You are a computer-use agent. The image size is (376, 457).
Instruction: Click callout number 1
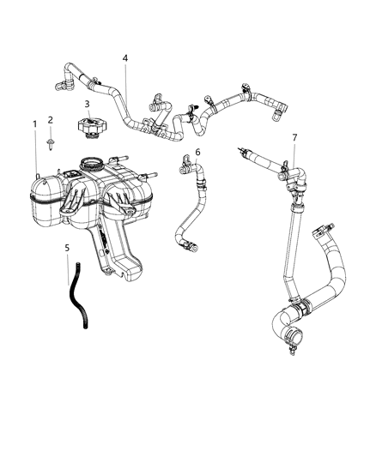[x=35, y=124]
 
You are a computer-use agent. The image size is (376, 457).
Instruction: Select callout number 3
[x=87, y=104]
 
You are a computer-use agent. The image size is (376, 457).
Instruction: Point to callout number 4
[x=125, y=58]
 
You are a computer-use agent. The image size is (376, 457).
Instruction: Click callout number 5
[x=68, y=248]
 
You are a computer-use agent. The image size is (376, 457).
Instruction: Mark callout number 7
[x=294, y=137]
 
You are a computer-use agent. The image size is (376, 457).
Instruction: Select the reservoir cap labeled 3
[x=88, y=129]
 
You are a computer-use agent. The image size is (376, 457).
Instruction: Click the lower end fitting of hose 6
[x=194, y=249]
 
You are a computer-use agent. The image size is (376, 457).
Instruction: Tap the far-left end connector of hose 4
[x=62, y=85]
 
